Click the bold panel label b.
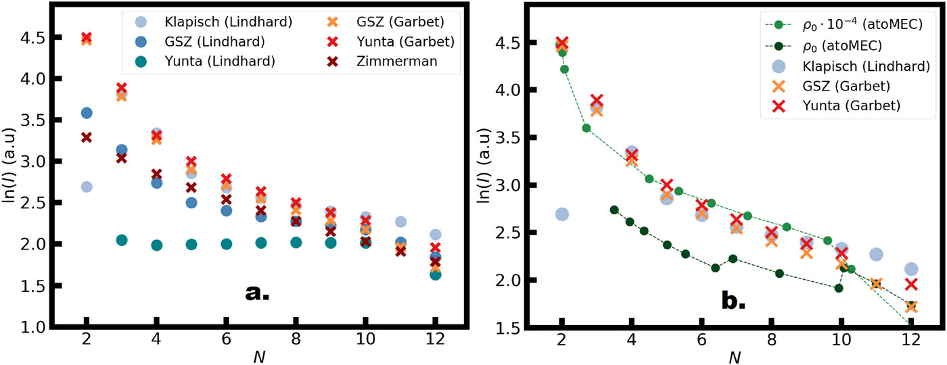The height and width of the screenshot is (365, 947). click(732, 300)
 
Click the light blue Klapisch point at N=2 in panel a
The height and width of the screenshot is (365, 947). click(87, 187)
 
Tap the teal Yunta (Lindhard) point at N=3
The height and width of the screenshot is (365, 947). click(122, 240)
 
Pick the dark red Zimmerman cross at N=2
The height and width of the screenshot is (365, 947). click(87, 137)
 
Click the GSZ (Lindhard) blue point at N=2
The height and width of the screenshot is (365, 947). click(87, 113)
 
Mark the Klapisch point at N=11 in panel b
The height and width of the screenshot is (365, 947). click(876, 254)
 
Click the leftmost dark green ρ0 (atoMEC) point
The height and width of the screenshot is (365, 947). click(614, 210)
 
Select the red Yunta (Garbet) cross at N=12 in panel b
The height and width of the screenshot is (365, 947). click(911, 284)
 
